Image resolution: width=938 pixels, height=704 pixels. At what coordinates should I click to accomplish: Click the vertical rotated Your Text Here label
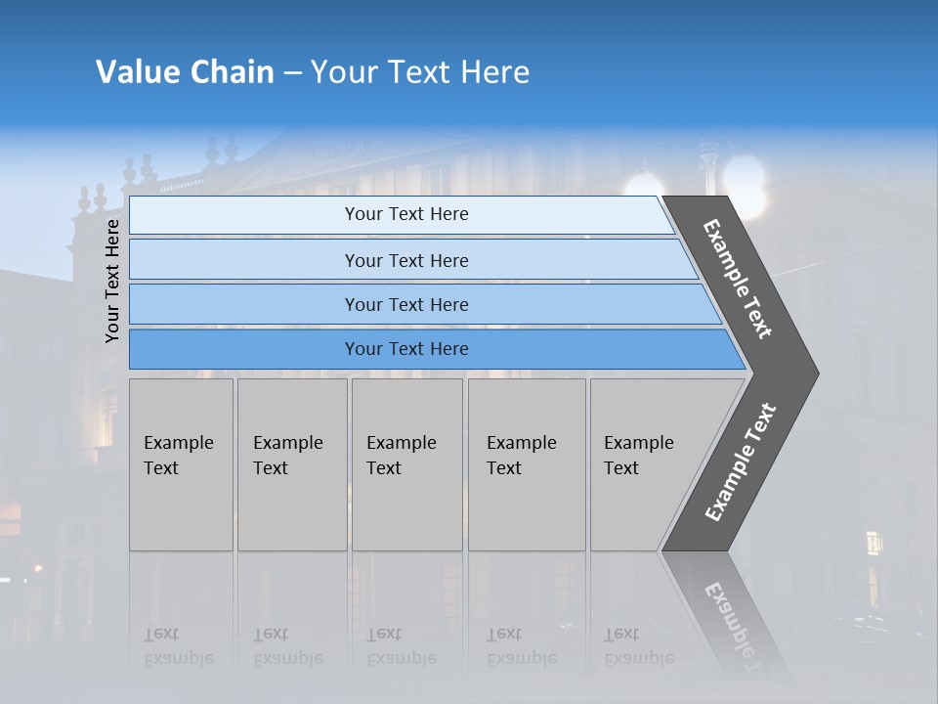[112, 281]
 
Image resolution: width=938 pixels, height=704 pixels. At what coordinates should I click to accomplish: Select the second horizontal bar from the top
[406, 260]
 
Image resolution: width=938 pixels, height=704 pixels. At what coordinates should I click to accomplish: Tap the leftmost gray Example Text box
[181, 464]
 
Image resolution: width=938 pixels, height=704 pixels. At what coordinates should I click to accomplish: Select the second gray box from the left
[291, 464]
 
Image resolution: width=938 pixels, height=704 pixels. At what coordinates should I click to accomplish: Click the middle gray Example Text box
[406, 464]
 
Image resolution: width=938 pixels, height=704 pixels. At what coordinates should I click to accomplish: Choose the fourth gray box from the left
[526, 464]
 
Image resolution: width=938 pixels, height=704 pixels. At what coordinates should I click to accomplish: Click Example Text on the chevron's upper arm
[738, 279]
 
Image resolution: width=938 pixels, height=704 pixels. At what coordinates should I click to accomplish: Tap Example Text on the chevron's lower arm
[741, 462]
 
